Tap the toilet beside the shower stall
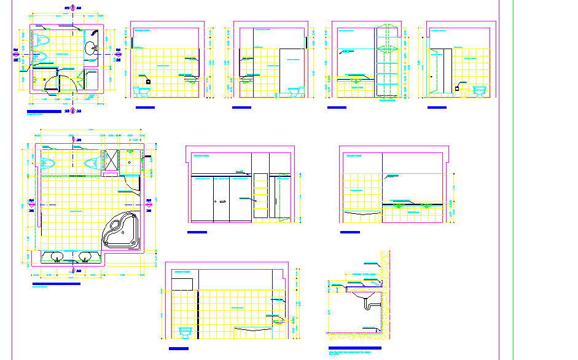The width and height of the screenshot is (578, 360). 91,163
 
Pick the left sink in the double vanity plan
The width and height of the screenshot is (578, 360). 56,256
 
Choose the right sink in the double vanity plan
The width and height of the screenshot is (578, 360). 86,256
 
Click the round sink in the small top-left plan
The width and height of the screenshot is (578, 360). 91,47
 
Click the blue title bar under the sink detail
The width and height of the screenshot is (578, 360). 355,348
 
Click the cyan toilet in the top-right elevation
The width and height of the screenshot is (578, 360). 479,91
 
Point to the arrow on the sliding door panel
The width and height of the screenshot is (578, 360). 223,201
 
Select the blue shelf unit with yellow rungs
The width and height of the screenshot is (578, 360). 260,195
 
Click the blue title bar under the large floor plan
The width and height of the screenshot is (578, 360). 55,283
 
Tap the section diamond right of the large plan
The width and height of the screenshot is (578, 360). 149,201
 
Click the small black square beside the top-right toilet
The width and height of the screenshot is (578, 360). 458,88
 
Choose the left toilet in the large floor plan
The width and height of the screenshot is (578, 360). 46,163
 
